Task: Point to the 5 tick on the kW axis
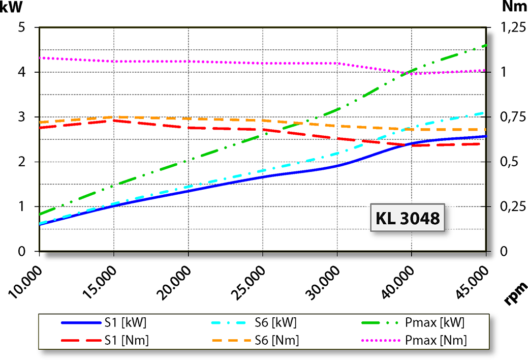(22, 27)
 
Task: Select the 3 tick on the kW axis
(22, 117)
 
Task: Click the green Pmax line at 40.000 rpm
(411, 72)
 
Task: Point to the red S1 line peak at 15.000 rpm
(114, 120)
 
